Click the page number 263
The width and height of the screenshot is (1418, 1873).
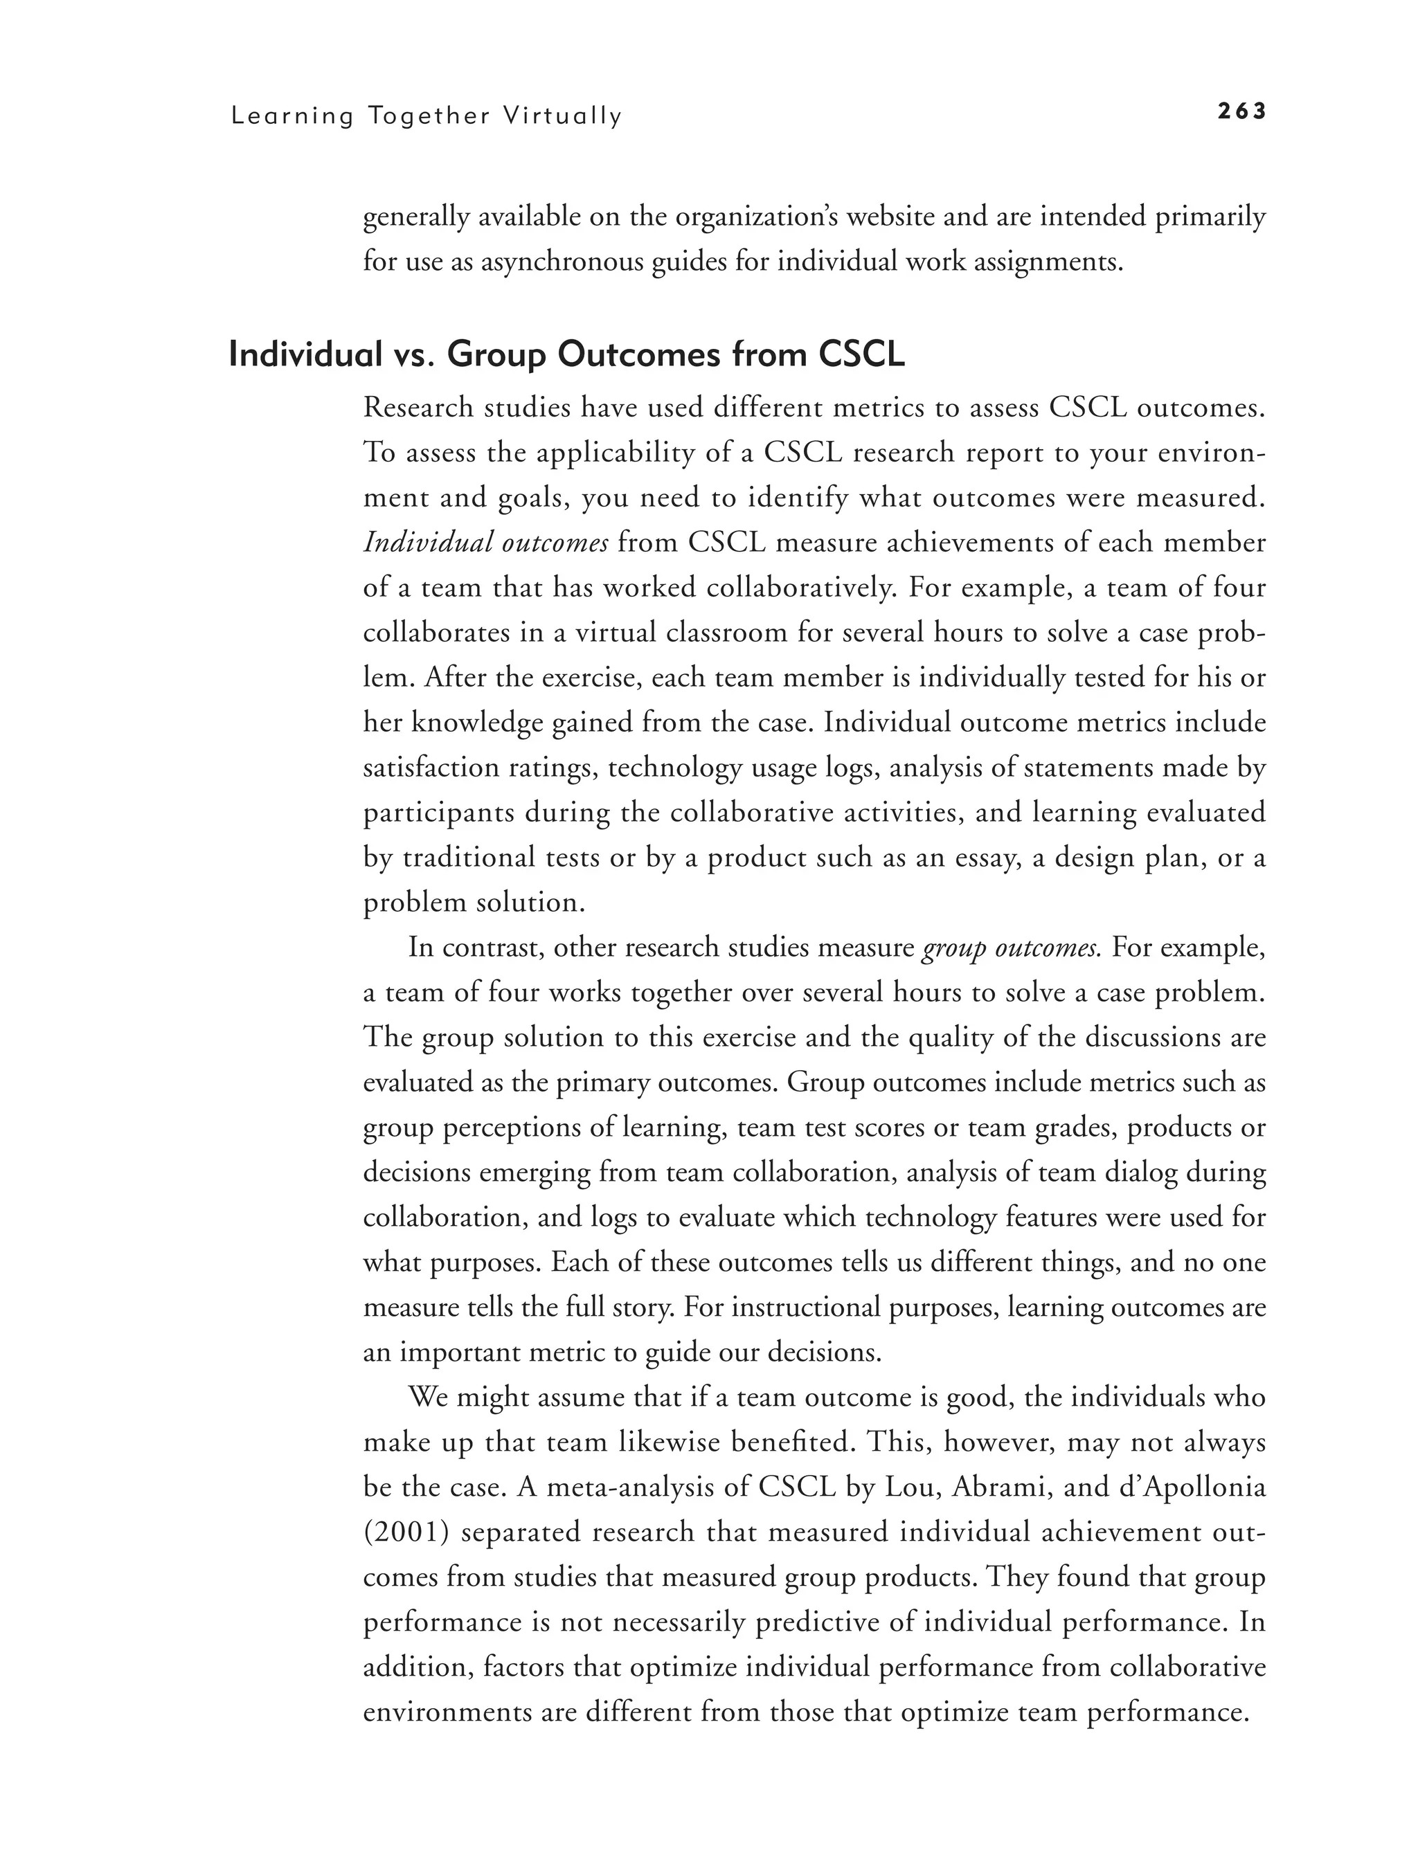click(1241, 111)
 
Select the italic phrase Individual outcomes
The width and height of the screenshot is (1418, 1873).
click(485, 543)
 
